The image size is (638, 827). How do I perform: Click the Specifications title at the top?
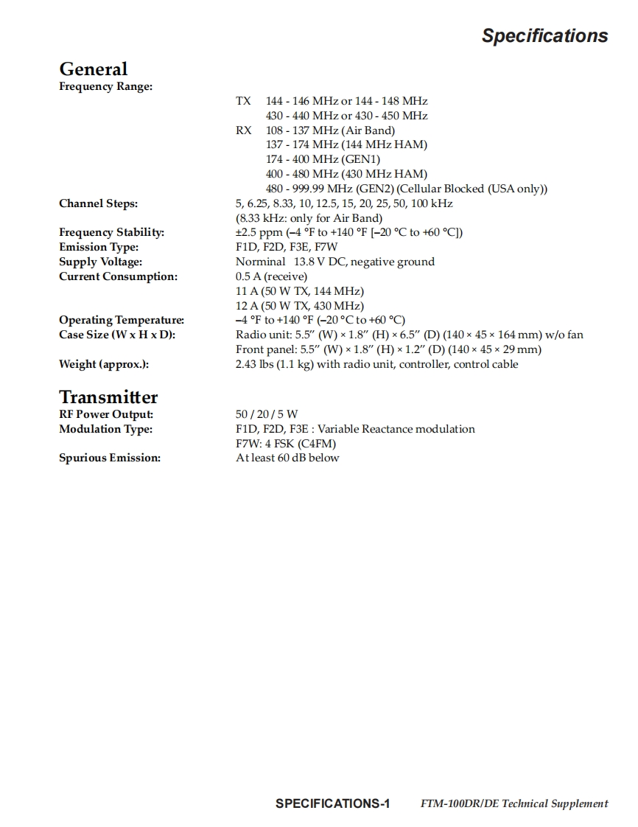544,35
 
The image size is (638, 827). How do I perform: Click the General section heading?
93,69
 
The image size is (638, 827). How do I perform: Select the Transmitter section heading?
108,397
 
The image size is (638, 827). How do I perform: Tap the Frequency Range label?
105,86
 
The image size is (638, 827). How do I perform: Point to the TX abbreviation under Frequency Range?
243,101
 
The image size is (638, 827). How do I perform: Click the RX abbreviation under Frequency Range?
243,130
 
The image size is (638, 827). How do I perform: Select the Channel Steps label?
98,203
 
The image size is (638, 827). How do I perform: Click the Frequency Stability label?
111,232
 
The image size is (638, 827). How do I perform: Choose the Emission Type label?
99,247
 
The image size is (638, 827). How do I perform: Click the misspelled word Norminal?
260,262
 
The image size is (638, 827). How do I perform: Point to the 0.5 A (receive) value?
271,276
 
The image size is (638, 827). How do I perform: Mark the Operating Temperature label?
122,320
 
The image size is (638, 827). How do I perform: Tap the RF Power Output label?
106,414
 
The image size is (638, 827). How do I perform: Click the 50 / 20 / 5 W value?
267,414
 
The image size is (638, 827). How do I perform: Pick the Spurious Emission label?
110,458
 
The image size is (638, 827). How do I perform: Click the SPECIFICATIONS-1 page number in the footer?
332,803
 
